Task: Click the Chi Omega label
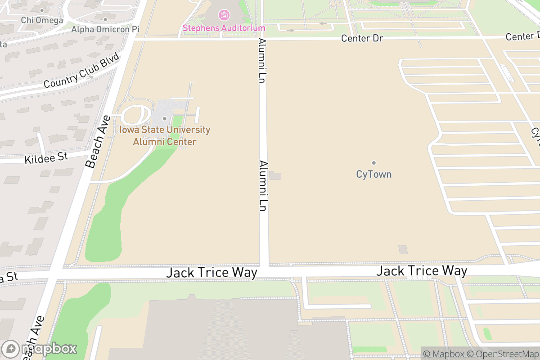[x=42, y=20]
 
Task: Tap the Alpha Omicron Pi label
[x=105, y=29]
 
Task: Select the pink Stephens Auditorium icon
[x=224, y=15]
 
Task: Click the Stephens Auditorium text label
[x=224, y=28]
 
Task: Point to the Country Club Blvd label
[x=81, y=71]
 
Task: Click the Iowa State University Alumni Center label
[x=165, y=135]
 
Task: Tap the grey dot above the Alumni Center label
[x=165, y=119]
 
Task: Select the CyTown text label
[x=373, y=174]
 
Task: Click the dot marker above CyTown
[x=373, y=163]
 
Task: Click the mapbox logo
[x=40, y=349]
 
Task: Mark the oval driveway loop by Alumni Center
[x=135, y=115]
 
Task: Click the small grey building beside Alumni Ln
[x=275, y=175]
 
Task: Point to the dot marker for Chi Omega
[x=42, y=10]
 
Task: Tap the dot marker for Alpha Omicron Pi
[x=105, y=19]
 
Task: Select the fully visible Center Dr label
[x=362, y=38]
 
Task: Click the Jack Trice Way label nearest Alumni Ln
[x=212, y=272]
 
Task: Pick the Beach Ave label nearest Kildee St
[x=99, y=142]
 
